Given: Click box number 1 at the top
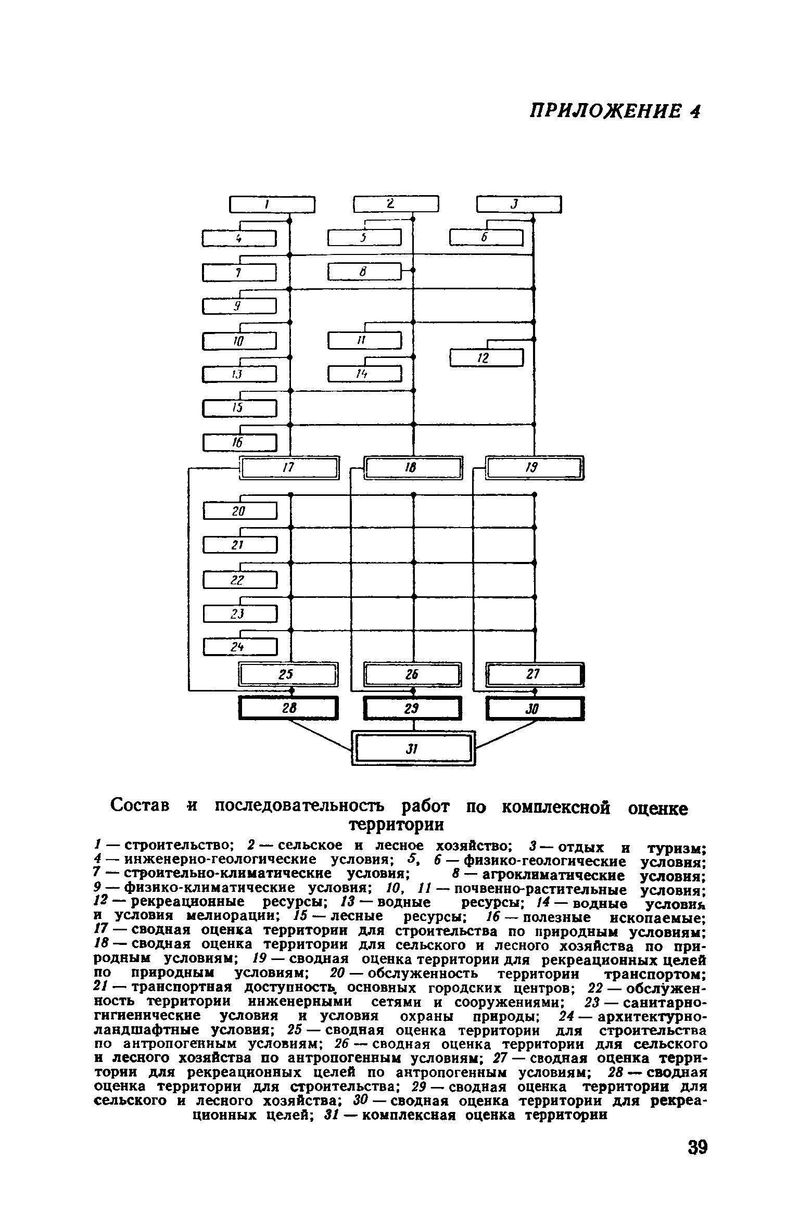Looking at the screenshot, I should coord(272,204).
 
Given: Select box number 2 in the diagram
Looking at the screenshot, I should coord(396,204).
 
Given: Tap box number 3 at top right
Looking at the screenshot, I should coord(519,204).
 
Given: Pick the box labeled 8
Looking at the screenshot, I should coord(364,272).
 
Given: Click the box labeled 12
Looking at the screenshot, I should coord(486,358).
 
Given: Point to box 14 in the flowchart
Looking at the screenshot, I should coord(364,374).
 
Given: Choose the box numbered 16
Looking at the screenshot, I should coord(239,443).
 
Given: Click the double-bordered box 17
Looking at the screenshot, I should coord(289,468).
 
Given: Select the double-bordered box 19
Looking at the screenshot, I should coord(535,468).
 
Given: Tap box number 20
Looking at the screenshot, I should coord(239,511).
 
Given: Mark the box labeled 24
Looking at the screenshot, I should coord(239,647).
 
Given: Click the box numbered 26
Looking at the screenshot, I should coord(412,675).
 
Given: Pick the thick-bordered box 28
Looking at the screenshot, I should coord(288,708).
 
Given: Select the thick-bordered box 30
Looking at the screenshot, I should coord(535,709).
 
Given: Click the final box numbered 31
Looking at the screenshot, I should coord(413,749).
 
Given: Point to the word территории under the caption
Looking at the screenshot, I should coord(397,825).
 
